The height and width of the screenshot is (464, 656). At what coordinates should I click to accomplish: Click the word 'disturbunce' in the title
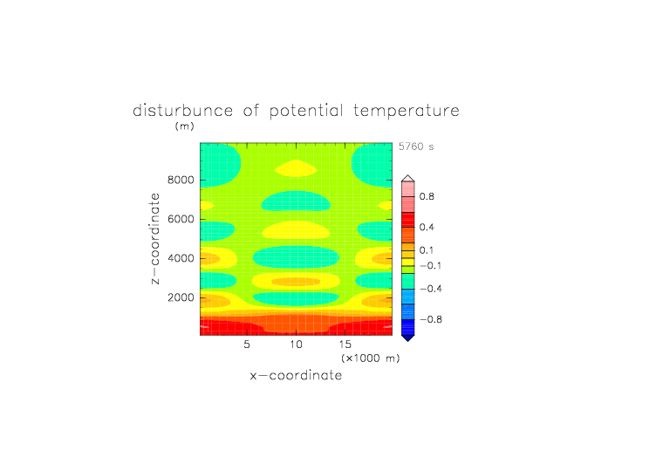[x=183, y=111]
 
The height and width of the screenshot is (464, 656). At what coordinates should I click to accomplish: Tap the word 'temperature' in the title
[x=407, y=111]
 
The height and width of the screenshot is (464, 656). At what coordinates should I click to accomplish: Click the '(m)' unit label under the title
[x=185, y=126]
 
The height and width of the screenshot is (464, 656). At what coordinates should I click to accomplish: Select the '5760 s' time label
[x=416, y=147]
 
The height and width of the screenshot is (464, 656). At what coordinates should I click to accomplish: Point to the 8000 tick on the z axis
[x=181, y=180]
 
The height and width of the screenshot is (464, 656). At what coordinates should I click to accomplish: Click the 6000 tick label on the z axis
[x=181, y=219]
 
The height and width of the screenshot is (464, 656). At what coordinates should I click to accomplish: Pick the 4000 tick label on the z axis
[x=181, y=258]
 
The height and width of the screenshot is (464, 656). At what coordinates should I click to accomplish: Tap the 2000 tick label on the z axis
[x=181, y=297]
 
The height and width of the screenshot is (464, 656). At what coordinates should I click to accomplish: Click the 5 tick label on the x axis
[x=247, y=345]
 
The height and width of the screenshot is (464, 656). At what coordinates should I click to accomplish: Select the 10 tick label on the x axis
[x=296, y=345]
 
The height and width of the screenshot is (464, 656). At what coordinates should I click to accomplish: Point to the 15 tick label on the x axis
[x=345, y=345]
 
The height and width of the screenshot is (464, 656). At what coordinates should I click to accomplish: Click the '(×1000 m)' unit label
[x=370, y=358]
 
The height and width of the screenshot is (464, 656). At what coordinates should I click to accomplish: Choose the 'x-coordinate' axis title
[x=296, y=375]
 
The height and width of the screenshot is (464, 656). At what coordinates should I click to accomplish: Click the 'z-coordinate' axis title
[x=155, y=238]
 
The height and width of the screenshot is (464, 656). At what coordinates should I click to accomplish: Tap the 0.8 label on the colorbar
[x=427, y=196]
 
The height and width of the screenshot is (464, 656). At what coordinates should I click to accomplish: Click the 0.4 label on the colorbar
[x=427, y=227]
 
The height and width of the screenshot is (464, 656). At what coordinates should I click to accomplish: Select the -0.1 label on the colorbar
[x=431, y=266]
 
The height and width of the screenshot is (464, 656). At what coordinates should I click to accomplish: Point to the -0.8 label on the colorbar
[x=431, y=319]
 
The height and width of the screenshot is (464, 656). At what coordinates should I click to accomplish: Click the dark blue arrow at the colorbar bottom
[x=408, y=338]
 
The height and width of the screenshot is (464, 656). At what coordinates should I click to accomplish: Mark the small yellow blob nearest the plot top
[x=296, y=168]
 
